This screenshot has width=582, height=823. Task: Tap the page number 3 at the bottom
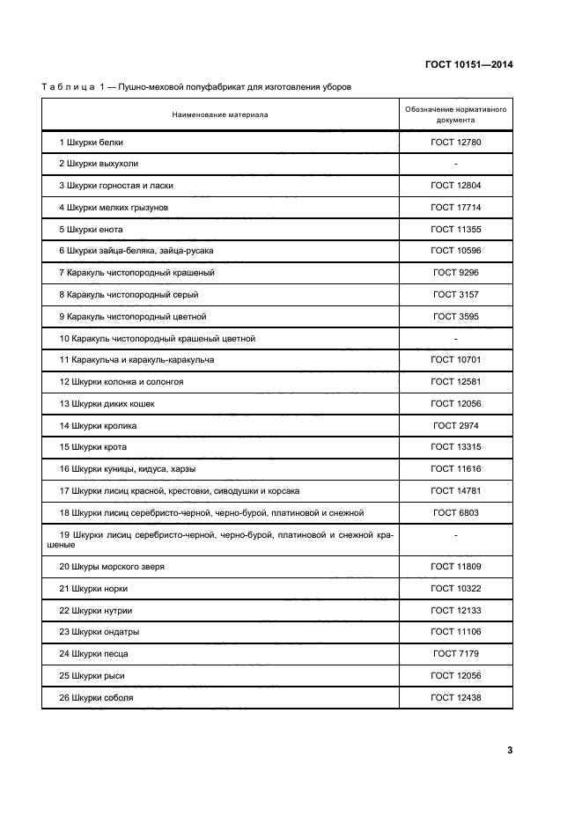[x=510, y=750]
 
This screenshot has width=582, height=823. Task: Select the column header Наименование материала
[x=220, y=114]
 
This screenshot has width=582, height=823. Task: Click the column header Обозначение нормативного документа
[x=455, y=114]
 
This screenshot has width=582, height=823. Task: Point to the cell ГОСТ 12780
[x=455, y=142]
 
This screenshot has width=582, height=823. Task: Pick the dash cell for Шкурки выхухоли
[x=455, y=164]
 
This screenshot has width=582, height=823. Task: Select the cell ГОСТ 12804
[x=455, y=186]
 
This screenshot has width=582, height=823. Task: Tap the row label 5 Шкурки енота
[x=92, y=229]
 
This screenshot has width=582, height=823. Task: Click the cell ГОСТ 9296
[x=455, y=273]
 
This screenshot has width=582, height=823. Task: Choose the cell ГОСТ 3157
[x=455, y=295]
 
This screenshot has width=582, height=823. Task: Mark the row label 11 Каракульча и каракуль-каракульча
[x=137, y=360]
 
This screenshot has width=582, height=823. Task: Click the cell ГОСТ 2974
[x=455, y=425]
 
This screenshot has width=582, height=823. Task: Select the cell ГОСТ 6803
[x=455, y=512]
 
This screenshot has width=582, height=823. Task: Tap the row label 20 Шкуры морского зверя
[x=112, y=567]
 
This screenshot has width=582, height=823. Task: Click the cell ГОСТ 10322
[x=455, y=588]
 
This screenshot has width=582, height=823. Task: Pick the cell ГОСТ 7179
[x=455, y=654]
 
